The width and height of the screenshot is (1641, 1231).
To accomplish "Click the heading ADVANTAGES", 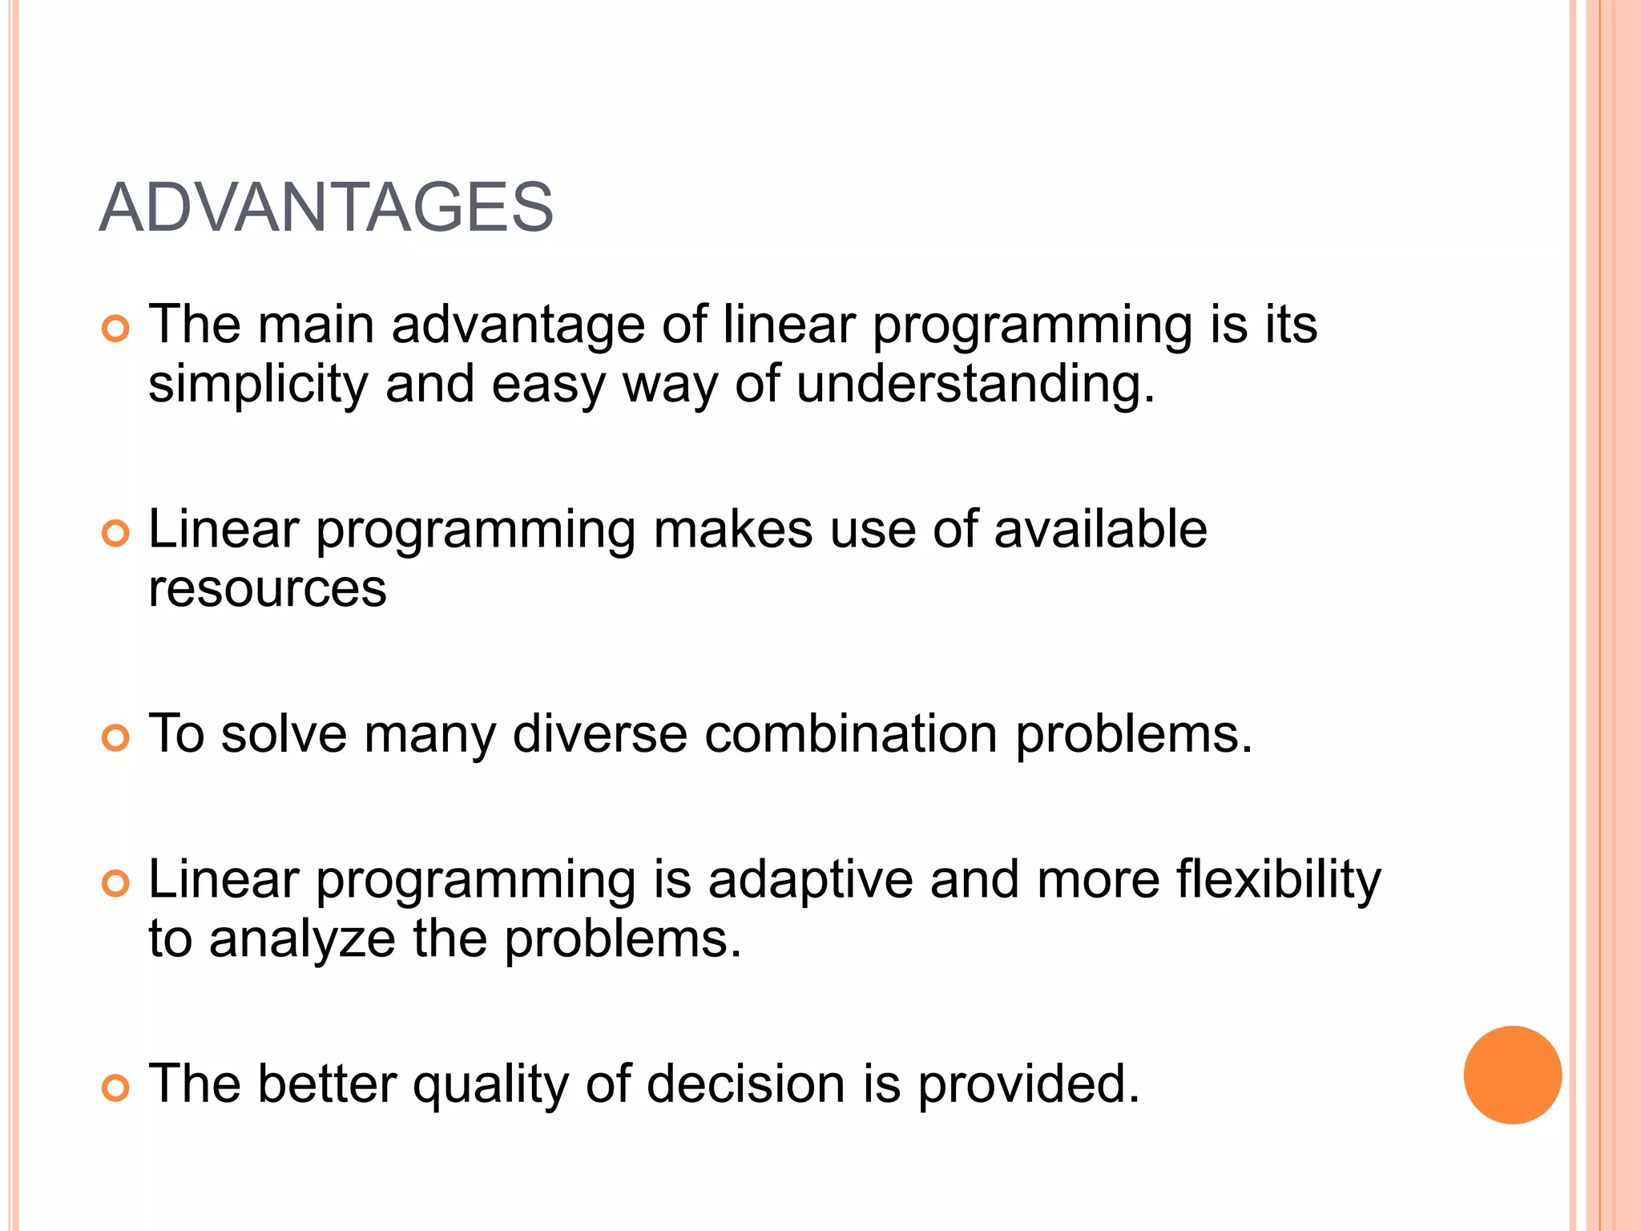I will [x=326, y=208].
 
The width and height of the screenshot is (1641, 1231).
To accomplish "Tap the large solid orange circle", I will [x=1512, y=1075].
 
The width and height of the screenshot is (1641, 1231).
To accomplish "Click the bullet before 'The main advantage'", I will [x=116, y=329].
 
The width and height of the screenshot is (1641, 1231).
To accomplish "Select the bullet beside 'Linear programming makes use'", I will [x=116, y=534].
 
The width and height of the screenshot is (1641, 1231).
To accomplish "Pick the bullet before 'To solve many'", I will [x=116, y=738].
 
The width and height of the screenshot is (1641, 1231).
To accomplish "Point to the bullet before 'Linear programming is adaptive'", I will [x=116, y=884].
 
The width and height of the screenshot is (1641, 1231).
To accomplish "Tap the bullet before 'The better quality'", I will [x=116, y=1088].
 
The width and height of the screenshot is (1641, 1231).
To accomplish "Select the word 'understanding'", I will [x=970, y=385].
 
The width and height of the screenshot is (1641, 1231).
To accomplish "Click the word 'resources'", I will [x=268, y=589].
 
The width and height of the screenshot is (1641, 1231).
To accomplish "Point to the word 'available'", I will [x=1100, y=530].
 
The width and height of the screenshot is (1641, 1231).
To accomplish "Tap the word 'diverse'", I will [x=599, y=734].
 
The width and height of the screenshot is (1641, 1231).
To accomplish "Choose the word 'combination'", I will [x=851, y=734].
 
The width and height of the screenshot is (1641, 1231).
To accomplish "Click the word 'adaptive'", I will [x=810, y=880].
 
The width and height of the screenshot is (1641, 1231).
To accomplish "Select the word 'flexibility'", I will [x=1279, y=880].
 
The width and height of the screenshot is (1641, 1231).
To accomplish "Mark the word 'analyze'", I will [x=302, y=939].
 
